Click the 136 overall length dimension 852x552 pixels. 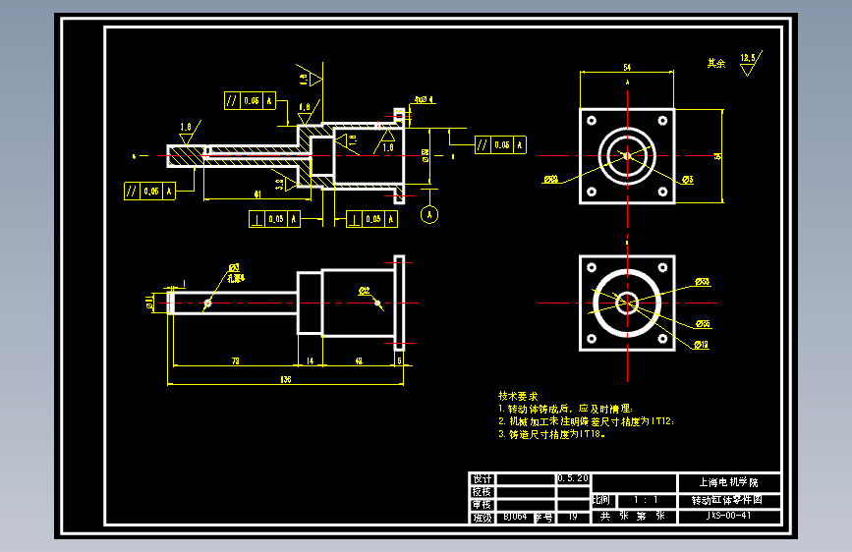point(286,378)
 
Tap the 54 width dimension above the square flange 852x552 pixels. point(627,67)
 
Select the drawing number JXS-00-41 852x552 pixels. point(729,515)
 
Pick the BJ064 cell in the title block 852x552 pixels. point(514,515)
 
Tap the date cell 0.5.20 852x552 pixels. point(573,478)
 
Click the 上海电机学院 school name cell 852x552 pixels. point(729,482)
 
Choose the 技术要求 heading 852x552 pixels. point(518,395)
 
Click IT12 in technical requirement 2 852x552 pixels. point(660,420)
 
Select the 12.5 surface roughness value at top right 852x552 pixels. point(748,59)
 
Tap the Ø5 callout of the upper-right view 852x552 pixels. point(688,180)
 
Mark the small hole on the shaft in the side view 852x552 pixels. point(207,303)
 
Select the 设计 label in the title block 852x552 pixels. point(481,478)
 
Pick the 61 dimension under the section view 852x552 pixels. point(257,194)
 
